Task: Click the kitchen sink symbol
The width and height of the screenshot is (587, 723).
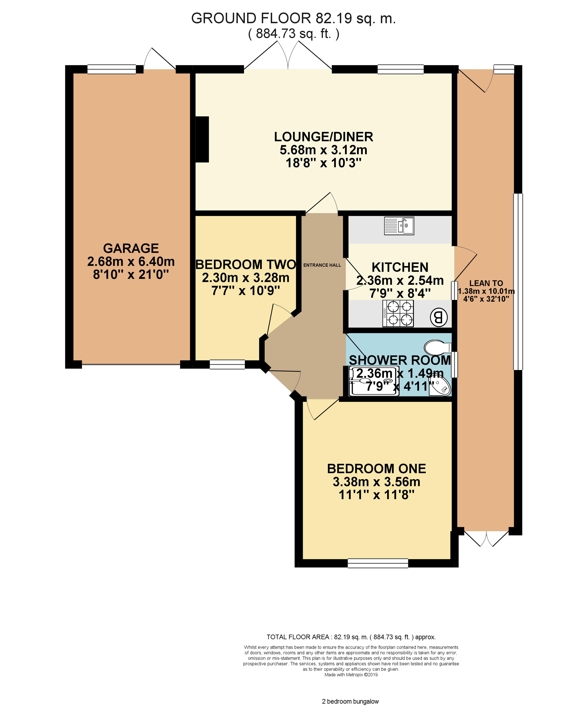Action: click(x=399, y=226)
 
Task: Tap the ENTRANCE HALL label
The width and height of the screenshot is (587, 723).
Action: click(x=322, y=265)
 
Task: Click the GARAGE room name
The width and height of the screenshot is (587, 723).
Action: click(x=131, y=248)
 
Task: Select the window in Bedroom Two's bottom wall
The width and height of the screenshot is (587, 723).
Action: click(x=227, y=364)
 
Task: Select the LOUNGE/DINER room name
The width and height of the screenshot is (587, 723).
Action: click(x=324, y=137)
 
